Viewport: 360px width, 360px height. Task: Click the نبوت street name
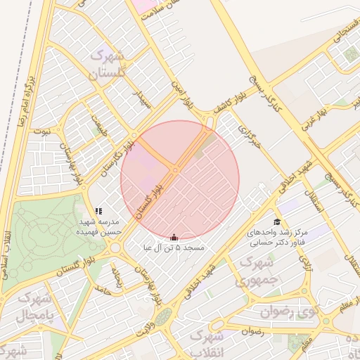(43, 131)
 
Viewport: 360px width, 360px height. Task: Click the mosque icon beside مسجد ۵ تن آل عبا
(174, 238)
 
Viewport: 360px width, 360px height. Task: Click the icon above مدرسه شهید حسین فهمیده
(98, 211)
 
